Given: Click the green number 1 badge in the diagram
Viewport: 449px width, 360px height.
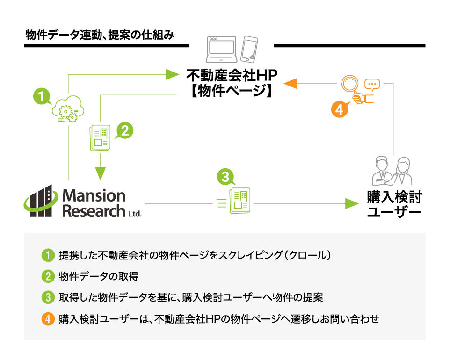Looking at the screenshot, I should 41,97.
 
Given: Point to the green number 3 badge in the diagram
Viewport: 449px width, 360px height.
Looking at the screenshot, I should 225,177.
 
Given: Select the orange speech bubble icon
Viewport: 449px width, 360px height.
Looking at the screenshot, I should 372,85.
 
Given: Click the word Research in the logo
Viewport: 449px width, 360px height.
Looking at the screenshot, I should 94,210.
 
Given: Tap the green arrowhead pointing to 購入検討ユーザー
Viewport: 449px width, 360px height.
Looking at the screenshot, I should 352,203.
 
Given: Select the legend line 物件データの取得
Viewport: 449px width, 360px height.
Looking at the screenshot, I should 99,276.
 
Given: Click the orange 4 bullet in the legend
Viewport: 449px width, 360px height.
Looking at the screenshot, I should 48,319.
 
